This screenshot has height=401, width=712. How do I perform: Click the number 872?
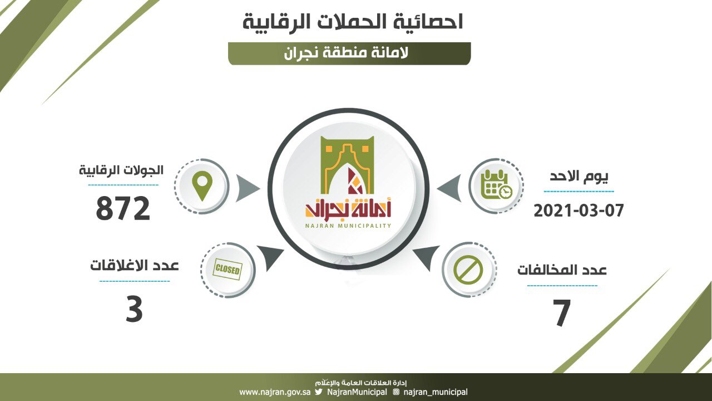point(123,208)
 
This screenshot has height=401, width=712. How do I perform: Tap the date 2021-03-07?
point(578,211)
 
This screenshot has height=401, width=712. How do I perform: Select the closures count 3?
point(134,309)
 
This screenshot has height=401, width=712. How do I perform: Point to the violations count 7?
point(562,313)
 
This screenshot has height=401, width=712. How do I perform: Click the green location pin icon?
point(202,186)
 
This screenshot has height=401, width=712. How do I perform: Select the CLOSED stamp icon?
point(228,270)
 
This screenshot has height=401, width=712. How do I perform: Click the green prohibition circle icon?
point(468,270)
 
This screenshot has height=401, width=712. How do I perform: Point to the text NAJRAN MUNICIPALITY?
point(348,226)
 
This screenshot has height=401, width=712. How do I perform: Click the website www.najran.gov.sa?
point(275,392)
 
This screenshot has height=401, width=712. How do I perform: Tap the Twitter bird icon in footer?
point(319,392)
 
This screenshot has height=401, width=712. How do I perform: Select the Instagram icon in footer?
point(396,392)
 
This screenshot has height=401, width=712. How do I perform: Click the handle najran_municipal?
point(436,392)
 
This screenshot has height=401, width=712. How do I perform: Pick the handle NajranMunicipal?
point(357,392)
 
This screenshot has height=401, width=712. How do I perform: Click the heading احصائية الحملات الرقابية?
point(353,22)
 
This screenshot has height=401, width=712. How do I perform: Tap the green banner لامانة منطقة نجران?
point(349,53)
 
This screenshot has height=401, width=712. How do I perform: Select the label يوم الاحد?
point(579,177)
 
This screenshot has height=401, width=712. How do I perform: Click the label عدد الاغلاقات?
point(135,266)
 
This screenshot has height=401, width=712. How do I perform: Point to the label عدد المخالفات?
point(562,270)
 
